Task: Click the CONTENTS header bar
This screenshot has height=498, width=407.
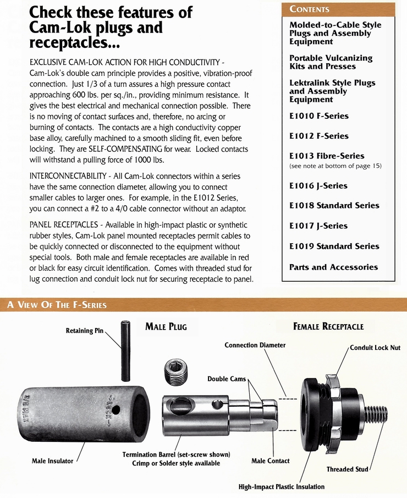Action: pyautogui.click(x=338, y=9)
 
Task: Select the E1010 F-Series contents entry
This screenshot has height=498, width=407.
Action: pyautogui.click(x=319, y=116)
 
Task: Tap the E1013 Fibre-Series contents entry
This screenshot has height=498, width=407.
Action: pyautogui.click(x=327, y=156)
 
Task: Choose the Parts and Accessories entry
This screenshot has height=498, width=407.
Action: pyautogui.click(x=333, y=267)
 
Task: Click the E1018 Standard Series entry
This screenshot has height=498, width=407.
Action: pyautogui.click(x=334, y=205)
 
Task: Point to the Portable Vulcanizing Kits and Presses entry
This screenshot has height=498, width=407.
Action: pyautogui.click(x=331, y=62)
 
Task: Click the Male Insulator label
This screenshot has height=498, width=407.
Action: pyautogui.click(x=52, y=461)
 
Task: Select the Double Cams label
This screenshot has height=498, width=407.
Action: pyautogui.click(x=226, y=379)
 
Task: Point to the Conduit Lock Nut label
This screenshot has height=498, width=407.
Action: pyautogui.click(x=375, y=348)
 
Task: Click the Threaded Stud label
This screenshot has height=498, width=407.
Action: pyautogui.click(x=347, y=469)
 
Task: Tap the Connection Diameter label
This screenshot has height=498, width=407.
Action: pyautogui.click(x=255, y=345)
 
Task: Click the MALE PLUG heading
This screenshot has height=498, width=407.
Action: pyautogui.click(x=166, y=327)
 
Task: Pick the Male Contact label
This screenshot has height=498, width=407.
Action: pyautogui.click(x=270, y=461)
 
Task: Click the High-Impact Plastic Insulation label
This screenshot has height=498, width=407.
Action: pyautogui.click(x=282, y=486)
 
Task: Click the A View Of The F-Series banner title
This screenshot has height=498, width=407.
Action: pyautogui.click(x=57, y=304)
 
